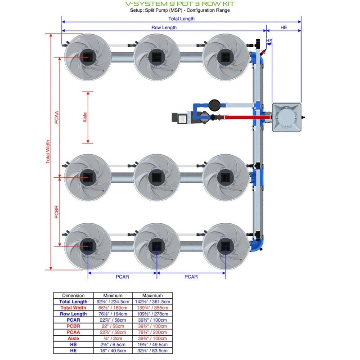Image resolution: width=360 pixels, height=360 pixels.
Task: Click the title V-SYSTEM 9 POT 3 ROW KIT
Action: click(x=180, y=4)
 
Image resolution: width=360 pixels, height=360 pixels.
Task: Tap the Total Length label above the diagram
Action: click(x=181, y=19)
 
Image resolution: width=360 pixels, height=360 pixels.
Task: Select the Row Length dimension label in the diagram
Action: click(x=164, y=27)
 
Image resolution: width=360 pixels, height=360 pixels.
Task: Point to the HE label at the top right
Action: click(x=283, y=27)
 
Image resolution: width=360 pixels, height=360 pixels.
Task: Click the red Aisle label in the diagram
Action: click(x=85, y=117)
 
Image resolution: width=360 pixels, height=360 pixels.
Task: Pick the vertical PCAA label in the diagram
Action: click(x=57, y=117)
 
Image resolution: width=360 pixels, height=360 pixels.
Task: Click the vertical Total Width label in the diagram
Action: click(x=48, y=152)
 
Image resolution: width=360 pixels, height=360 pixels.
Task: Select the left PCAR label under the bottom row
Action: click(x=122, y=277)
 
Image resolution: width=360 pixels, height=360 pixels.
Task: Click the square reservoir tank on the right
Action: click(x=286, y=117)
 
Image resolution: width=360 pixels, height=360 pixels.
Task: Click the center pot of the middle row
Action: click(x=157, y=177)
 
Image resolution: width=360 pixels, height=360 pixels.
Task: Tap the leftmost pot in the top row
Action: click(x=88, y=57)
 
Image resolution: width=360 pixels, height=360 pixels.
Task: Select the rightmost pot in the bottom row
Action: click(x=225, y=246)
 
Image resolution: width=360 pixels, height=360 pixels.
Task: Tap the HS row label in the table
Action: click(x=73, y=344)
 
